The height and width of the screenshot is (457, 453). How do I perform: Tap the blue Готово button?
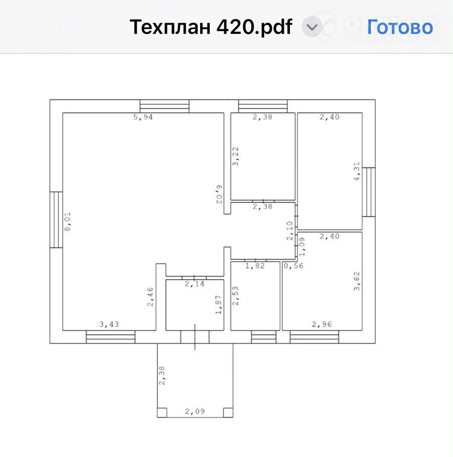400,27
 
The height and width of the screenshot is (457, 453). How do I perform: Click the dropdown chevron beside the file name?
312,27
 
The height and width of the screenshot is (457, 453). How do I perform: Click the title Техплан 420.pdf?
211,27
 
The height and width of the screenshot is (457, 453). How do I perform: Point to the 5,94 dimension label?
143,117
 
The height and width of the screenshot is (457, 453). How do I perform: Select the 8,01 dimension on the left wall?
67,221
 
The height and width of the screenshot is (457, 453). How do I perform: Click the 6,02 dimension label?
219,194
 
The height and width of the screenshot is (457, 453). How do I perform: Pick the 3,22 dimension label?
235,157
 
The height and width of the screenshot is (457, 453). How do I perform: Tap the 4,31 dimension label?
357,171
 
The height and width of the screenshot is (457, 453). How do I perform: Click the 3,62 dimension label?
357,281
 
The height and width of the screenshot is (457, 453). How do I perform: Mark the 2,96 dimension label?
322,324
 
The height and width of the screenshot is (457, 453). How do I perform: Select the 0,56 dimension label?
293,266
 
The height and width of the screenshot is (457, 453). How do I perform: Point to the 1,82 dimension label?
255,266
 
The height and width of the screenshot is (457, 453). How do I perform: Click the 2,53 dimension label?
235,296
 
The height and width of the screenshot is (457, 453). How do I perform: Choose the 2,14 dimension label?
195,284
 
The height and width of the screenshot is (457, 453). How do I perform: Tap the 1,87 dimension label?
218,304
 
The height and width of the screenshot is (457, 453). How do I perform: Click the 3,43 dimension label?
109,324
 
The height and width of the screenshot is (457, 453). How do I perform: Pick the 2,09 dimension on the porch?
195,411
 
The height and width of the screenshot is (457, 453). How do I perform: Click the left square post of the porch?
162,413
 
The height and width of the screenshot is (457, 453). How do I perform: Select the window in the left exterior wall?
56,220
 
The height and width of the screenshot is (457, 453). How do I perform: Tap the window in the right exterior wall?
369,192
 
